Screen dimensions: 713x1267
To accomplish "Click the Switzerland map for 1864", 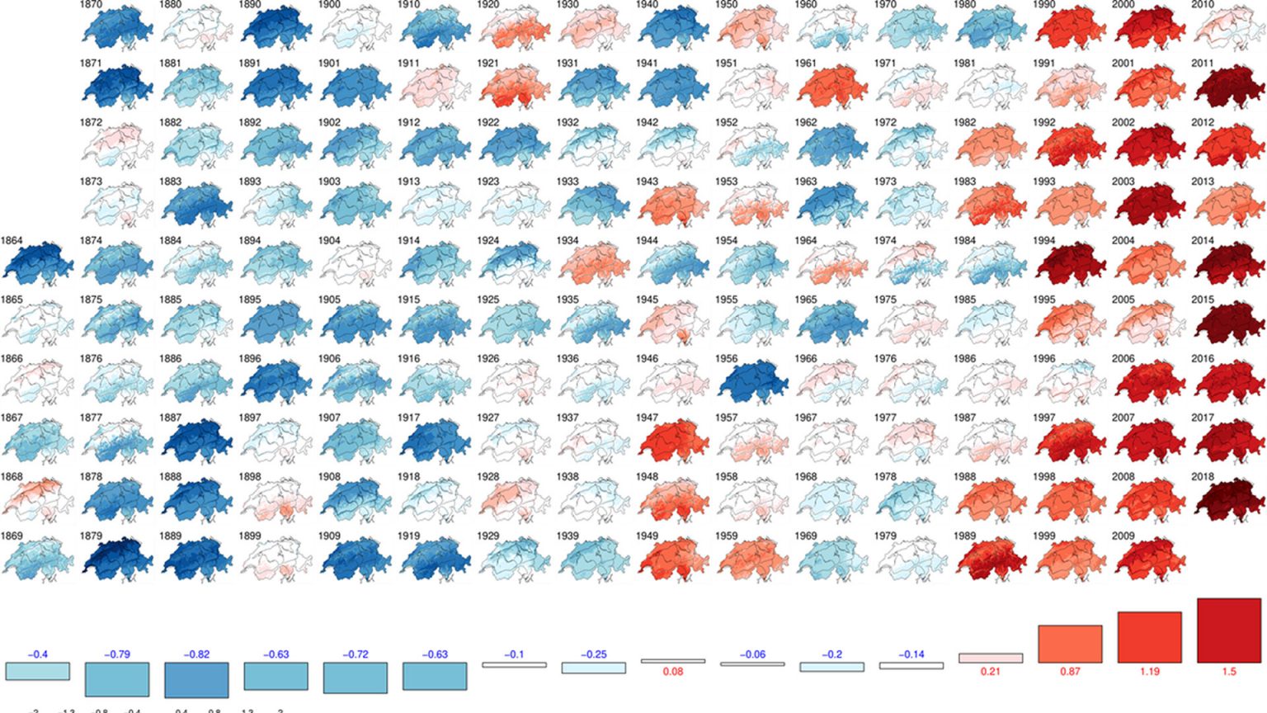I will pos(38,265).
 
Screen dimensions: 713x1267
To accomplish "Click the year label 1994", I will pos(1044,241).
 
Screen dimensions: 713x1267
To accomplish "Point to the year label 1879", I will pos(91,536).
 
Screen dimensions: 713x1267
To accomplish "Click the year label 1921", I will pos(488,64).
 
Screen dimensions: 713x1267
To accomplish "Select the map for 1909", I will pos(356,560).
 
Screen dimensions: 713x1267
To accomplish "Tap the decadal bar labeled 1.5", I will pos(1229,630).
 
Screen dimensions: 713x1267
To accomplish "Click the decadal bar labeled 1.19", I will pos(1150,637).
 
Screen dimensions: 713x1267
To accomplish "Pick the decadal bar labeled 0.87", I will pos(1070,644).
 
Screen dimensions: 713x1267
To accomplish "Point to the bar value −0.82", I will pos(197,654).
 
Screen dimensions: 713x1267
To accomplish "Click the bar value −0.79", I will pos(117,654).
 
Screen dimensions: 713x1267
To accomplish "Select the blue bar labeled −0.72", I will pos(356,678).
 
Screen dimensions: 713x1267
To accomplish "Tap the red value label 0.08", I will pos(673,672).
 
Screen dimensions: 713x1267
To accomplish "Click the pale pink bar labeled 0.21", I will pos(991,659).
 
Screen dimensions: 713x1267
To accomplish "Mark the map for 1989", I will pos(991,560).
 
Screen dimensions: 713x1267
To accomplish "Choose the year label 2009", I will pos(1123,536).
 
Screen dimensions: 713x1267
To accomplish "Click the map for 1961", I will pos(831,87).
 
